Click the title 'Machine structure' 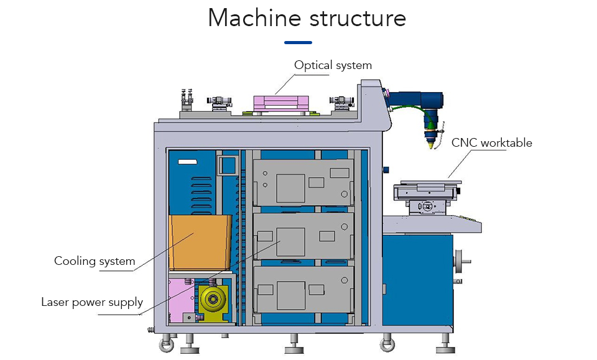point(307,19)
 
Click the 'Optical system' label point(333,65)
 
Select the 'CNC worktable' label point(491,143)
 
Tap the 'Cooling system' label point(95,261)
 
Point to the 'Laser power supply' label point(92,303)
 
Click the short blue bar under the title point(298,42)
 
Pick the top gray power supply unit point(303,182)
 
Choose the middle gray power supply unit point(303,236)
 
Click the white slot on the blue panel point(187,162)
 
